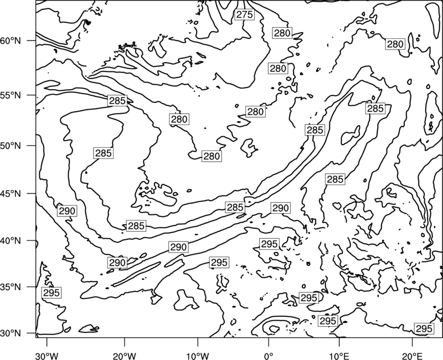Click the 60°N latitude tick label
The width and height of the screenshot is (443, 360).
(11, 41)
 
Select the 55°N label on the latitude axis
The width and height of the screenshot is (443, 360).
(11, 95)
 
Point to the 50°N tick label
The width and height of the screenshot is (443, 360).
(11, 146)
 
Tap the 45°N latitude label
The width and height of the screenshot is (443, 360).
(11, 193)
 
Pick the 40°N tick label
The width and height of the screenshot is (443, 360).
(11, 241)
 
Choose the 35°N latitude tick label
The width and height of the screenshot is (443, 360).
(11, 287)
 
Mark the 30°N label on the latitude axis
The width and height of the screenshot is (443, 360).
(11, 333)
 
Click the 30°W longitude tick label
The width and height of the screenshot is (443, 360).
(47, 354)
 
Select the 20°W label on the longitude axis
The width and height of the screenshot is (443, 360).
(124, 354)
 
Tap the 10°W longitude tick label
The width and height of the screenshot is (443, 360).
(198, 354)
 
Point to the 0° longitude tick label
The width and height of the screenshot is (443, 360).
(269, 354)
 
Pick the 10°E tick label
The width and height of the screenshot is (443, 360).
(339, 354)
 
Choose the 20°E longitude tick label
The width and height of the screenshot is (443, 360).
(412, 354)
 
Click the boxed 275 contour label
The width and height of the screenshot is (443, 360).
(244, 14)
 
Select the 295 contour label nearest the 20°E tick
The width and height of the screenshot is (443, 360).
(424, 328)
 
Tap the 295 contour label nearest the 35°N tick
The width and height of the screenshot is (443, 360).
(51, 293)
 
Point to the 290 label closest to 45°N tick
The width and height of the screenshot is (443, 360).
(67, 211)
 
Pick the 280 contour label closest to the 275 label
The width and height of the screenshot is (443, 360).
(282, 33)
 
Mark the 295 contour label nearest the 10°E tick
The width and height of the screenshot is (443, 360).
(328, 321)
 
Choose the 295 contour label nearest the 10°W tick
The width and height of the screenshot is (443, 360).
(219, 263)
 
